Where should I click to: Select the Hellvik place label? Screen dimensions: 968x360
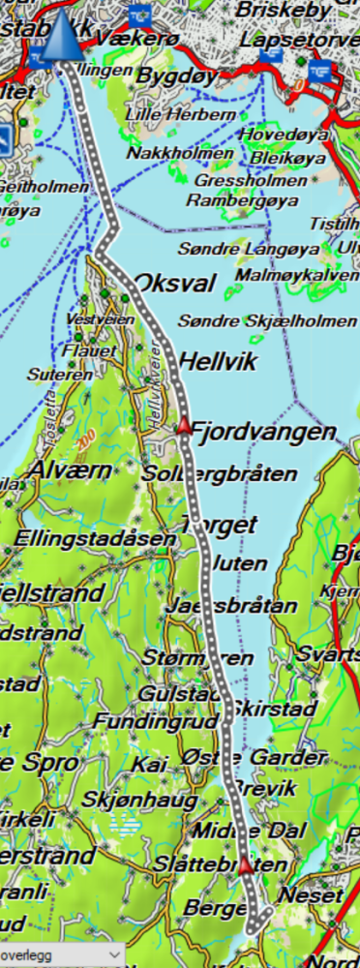[218, 362]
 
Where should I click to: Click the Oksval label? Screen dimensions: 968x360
[175, 284]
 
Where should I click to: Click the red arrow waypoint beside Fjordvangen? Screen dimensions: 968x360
[183, 424]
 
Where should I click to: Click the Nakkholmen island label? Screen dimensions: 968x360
[181, 154]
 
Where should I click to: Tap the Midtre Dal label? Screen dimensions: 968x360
[249, 831]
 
